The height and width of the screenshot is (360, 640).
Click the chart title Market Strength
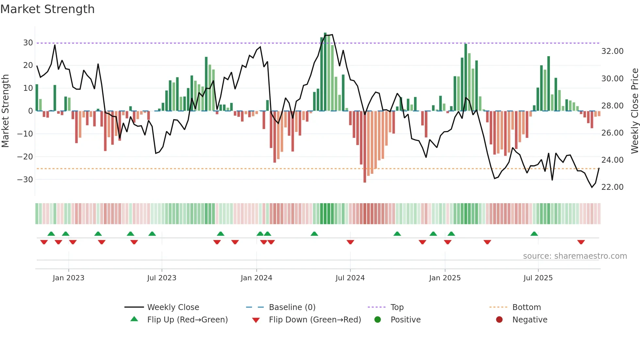tap(47, 9)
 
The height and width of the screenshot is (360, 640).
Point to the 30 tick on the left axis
tap(28, 43)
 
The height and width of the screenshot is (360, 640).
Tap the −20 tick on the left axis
tap(25, 157)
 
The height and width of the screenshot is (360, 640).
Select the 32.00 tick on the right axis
tap(612, 51)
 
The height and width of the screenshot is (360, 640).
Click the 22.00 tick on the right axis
tap(612, 187)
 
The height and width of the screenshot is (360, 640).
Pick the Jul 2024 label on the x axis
tap(350, 278)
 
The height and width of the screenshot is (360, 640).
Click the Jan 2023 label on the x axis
tap(69, 278)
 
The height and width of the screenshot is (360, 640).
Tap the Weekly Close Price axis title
tap(634, 111)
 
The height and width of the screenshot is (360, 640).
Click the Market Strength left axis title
tap(5, 111)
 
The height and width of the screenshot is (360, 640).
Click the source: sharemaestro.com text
tap(575, 256)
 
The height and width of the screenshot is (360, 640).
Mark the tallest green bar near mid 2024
tap(325, 72)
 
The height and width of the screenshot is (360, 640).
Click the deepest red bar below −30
tap(365, 147)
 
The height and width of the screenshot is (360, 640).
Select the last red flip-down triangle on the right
tap(581, 242)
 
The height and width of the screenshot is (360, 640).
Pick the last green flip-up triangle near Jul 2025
tap(534, 234)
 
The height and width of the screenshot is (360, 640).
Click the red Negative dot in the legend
tap(499, 320)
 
